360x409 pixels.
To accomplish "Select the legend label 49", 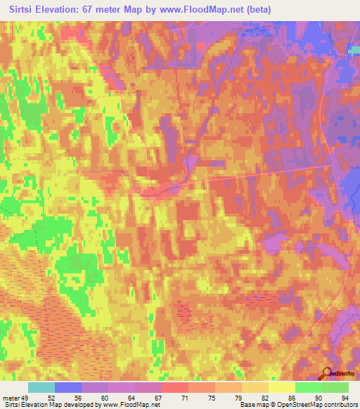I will pos(26,397).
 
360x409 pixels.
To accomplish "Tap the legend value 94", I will pos(344,397).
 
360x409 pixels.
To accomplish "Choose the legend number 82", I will pos(256,397).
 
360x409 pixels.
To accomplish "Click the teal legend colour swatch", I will pos(41,387).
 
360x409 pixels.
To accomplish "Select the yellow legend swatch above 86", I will pos(282,387).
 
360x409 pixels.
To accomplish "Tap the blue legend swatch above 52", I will pos(68,387).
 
